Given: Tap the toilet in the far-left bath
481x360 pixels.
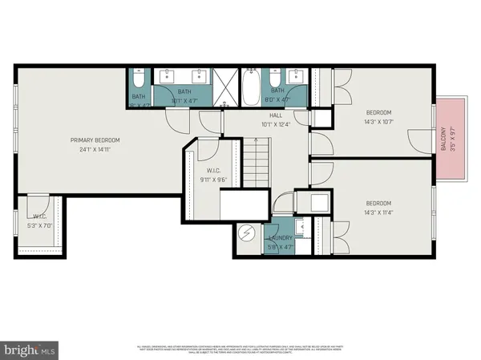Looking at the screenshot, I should click(139, 80).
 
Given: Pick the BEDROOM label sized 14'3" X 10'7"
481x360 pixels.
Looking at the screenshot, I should click(378, 111).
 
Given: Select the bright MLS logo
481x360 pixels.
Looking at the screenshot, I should click(30, 350).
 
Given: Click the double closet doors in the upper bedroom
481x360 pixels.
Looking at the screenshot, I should click(337, 78).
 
